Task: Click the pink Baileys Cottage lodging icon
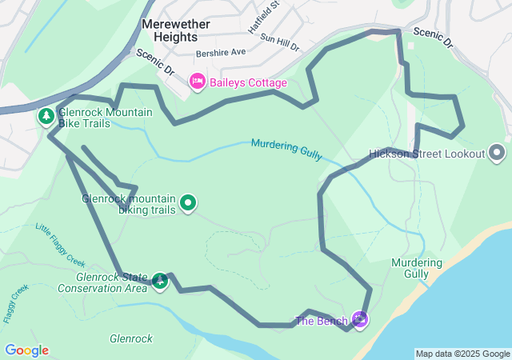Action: coord(197,81)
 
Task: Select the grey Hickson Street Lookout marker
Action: coord(497,153)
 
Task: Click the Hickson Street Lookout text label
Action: coord(427,154)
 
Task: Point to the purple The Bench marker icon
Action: coord(360,320)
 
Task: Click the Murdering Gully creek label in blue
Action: coord(286,147)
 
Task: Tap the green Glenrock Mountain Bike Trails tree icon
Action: coord(46,117)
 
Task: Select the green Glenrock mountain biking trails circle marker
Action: coord(188,203)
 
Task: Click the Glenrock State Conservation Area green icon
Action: coord(160,281)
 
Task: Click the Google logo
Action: coord(26,350)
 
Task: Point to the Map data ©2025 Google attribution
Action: coord(462,354)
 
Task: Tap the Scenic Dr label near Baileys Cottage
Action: coord(154,63)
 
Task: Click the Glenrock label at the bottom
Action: coord(131,338)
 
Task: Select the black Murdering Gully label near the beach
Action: coord(417,268)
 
